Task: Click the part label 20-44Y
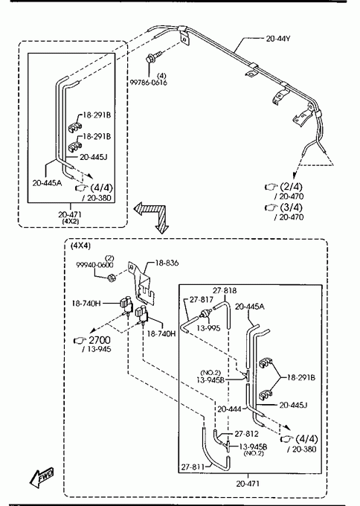click(278, 39)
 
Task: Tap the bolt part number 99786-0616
click(149, 83)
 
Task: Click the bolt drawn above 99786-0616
click(153, 57)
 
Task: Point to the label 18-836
click(167, 263)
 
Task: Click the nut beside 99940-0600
click(112, 278)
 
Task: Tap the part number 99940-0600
click(95, 265)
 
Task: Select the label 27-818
click(225, 290)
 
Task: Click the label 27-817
click(202, 299)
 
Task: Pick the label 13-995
click(208, 328)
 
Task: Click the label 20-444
click(229, 409)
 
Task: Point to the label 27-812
click(247, 434)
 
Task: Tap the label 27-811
click(193, 467)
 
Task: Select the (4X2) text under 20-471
click(71, 222)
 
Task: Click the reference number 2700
click(100, 340)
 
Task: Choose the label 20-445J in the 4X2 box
click(94, 157)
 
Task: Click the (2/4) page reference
click(292, 187)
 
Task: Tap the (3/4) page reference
click(292, 207)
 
